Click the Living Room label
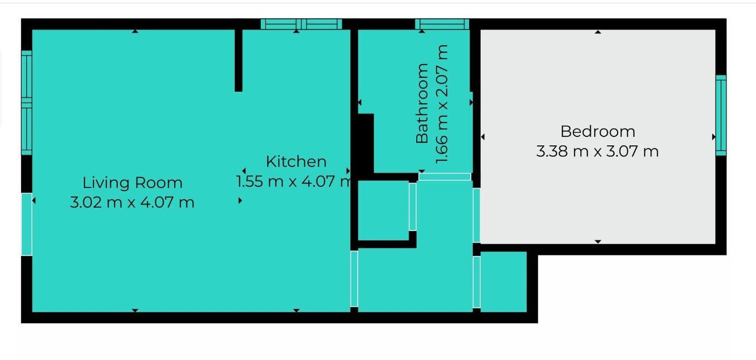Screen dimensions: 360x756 click(132, 183)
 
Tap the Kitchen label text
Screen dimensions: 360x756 click(296, 161)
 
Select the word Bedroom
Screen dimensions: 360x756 click(597, 131)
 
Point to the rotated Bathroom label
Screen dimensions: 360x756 click(422, 103)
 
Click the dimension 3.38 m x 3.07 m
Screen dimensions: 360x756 click(597, 151)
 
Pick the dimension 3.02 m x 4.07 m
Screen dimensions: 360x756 click(132, 202)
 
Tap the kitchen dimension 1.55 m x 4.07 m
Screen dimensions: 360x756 click(295, 181)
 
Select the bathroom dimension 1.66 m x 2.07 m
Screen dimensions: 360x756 click(442, 104)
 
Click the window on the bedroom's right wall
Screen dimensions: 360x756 click(721, 115)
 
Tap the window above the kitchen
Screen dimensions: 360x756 click(301, 24)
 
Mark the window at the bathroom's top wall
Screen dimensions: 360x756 click(442, 24)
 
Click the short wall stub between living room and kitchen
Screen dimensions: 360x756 click(238, 60)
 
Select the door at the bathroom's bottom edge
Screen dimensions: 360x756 click(444, 177)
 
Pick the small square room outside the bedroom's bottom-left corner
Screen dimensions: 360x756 click(503, 282)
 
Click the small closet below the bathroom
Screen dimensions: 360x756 click(383, 210)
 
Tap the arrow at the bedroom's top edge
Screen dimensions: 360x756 click(598, 32)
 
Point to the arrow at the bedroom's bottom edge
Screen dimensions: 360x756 click(598, 241)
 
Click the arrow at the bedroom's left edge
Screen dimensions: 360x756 click(483, 137)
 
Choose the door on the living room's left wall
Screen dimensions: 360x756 click(27, 224)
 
